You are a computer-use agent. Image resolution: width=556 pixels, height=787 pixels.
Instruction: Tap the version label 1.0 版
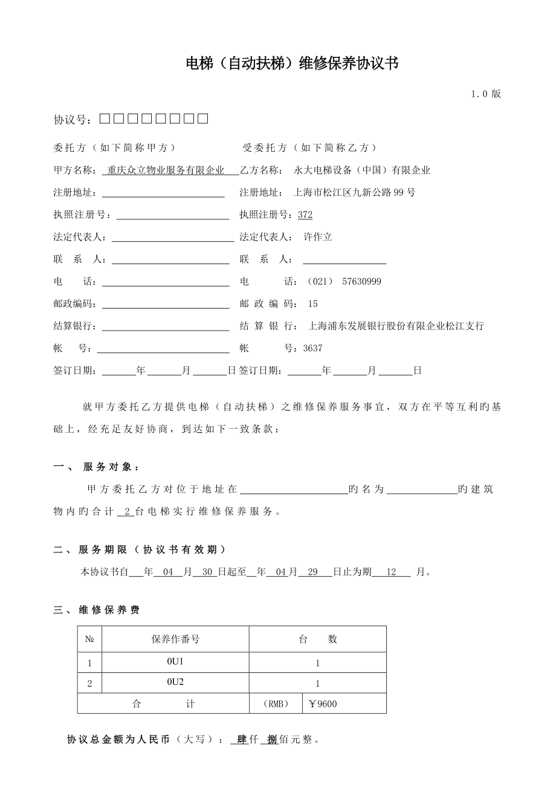click(486, 94)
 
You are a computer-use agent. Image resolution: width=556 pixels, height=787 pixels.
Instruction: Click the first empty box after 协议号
click(105, 118)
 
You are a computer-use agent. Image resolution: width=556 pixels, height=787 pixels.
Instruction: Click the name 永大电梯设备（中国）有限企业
click(362, 170)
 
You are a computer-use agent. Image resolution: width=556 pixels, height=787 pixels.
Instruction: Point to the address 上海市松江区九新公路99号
click(354, 193)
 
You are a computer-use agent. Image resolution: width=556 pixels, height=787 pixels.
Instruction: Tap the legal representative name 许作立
click(317, 237)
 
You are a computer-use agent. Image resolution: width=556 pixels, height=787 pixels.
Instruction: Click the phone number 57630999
click(361, 282)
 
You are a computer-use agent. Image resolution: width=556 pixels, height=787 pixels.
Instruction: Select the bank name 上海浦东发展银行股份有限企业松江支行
click(396, 326)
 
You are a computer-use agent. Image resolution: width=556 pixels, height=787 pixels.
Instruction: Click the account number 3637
click(312, 348)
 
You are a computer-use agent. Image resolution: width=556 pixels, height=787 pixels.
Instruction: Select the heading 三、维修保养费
click(97, 610)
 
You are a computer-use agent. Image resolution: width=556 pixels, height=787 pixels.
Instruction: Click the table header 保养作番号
click(175, 639)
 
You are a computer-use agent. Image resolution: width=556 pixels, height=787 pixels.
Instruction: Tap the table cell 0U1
click(175, 662)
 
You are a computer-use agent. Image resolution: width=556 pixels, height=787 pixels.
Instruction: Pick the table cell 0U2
click(175, 682)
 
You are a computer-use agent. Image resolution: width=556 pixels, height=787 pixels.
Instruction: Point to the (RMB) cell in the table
click(276, 704)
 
